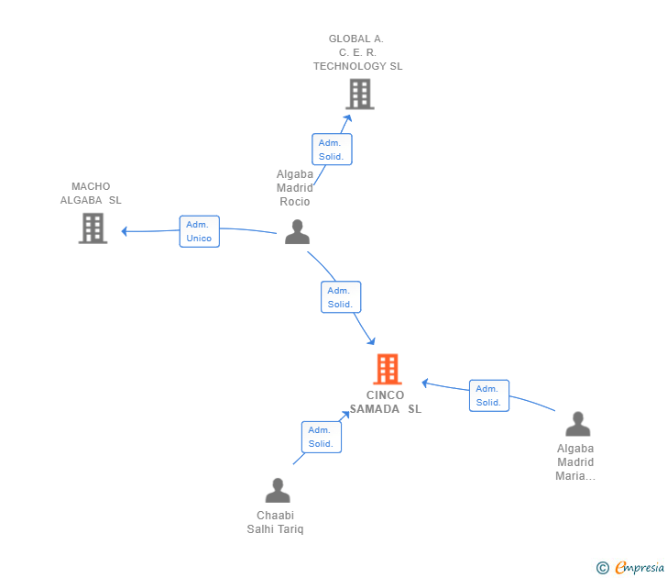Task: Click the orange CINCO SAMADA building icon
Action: click(388, 369)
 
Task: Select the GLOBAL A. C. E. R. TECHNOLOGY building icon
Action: click(360, 94)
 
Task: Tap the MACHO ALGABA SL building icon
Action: click(93, 228)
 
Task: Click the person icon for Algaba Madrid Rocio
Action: click(297, 232)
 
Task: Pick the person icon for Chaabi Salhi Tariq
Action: click(277, 491)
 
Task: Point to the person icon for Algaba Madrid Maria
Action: click(577, 424)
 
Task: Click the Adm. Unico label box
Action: click(199, 231)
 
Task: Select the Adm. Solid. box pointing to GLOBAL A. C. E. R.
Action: click(331, 150)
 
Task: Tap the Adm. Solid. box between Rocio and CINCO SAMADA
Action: click(340, 297)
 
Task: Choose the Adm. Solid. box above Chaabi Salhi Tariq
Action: click(321, 437)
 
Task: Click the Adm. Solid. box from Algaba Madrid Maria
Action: click(488, 395)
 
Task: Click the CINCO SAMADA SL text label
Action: click(386, 403)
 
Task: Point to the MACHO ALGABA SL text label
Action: click(91, 194)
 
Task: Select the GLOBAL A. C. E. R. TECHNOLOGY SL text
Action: click(357, 52)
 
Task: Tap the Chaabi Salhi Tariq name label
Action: click(275, 522)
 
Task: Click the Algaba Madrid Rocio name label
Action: click(295, 187)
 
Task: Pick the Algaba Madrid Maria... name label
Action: click(575, 462)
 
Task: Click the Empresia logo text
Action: click(640, 568)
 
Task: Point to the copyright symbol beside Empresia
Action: click(603, 568)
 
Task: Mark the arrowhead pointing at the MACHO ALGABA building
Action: click(126, 231)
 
